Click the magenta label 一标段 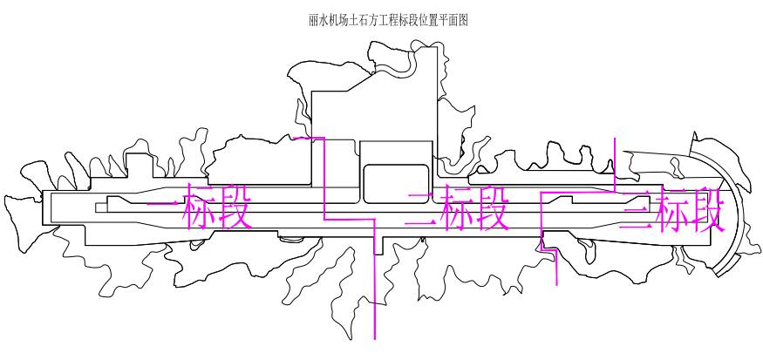click(x=200, y=210)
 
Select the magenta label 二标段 click(x=457, y=209)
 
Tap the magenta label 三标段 click(x=671, y=210)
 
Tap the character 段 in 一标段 click(x=234, y=210)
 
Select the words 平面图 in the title click(x=452, y=20)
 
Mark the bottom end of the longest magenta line click(x=376, y=338)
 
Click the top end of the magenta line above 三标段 click(x=615, y=137)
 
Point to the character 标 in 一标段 click(x=199, y=210)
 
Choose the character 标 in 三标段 click(x=671, y=210)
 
